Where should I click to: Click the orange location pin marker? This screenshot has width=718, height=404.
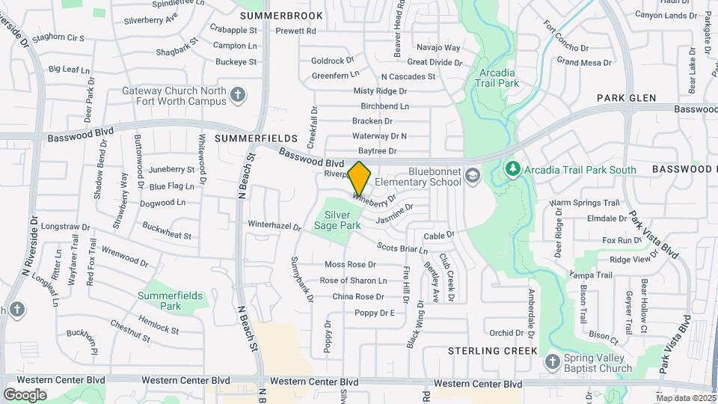[x=360, y=178]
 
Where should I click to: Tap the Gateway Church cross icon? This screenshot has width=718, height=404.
[x=237, y=95]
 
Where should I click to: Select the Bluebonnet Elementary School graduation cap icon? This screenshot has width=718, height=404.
[x=472, y=175]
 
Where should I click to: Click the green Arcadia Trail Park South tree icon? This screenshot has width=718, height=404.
[x=512, y=169]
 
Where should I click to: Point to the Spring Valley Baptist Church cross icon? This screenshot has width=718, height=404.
[x=553, y=362]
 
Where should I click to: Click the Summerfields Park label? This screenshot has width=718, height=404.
[x=170, y=301]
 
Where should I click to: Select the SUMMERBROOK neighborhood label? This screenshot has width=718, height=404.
[x=282, y=16]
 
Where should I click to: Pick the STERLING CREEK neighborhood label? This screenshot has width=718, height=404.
[x=493, y=350]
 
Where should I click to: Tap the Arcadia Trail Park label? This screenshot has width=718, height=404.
[x=496, y=78]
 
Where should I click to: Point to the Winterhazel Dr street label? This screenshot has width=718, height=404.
[x=274, y=225]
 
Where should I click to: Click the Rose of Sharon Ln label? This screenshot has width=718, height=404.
[x=353, y=281]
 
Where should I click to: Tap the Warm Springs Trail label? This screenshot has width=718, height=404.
[x=585, y=203]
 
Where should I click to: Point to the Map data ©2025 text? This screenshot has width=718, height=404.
[x=685, y=397]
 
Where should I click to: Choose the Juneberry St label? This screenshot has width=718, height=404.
[x=171, y=169]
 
